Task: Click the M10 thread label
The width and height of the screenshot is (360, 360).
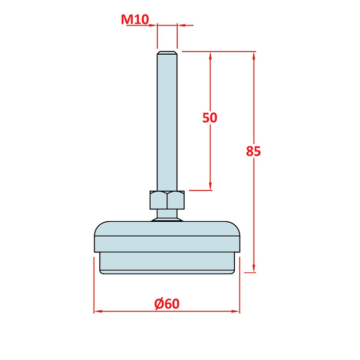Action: (135, 19)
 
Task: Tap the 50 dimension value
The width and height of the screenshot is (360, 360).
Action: (210, 118)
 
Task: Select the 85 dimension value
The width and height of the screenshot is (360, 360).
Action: (253, 151)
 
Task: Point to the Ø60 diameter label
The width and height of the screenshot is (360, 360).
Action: (167, 303)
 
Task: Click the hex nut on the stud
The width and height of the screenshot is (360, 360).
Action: (167, 200)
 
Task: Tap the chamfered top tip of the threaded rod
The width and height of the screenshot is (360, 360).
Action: (167, 53)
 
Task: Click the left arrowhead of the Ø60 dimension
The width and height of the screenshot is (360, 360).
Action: (98, 312)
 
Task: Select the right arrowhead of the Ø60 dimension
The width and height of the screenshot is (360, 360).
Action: (235, 312)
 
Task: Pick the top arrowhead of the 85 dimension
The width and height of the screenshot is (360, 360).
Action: (254, 56)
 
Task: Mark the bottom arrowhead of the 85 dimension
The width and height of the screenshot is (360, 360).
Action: (254, 268)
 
